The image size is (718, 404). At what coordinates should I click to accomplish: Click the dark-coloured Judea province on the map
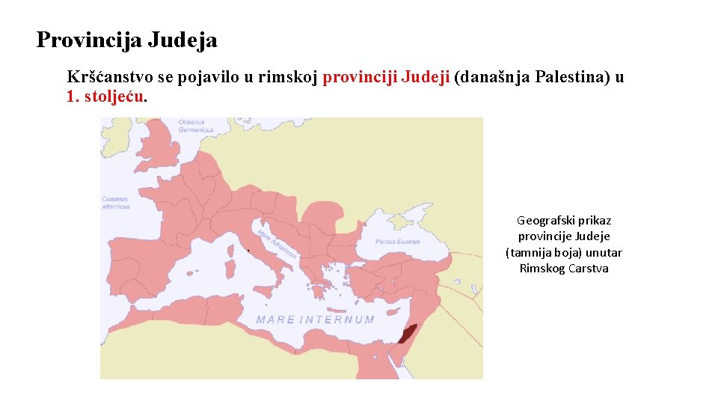(x=408, y=334)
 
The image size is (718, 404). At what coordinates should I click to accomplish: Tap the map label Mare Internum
(x=315, y=319)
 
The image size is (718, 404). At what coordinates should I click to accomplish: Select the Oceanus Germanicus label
(x=196, y=126)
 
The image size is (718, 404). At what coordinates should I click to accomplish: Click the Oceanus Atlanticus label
(x=116, y=203)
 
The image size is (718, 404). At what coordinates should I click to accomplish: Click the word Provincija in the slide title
(x=89, y=40)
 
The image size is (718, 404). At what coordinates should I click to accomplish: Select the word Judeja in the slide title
(x=182, y=40)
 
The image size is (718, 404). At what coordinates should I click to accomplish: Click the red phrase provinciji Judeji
(x=386, y=77)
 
